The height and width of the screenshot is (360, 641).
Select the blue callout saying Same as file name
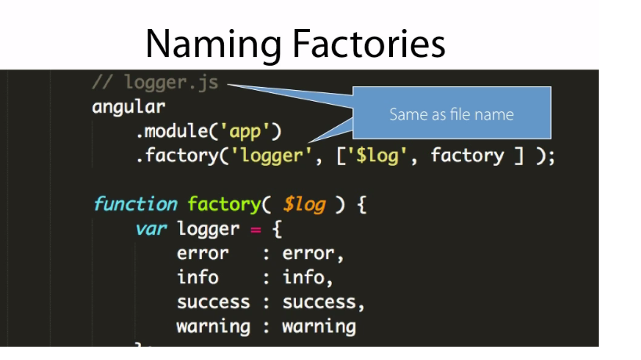point(452,114)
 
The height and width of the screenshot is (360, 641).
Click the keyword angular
point(128,106)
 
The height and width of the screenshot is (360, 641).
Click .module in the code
point(175,131)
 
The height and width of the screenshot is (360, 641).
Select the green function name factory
point(223,204)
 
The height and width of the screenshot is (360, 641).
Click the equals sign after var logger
point(254,229)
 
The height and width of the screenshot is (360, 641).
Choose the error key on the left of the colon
point(203,254)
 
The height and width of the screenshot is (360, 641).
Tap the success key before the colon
point(213,302)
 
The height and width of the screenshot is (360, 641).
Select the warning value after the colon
point(319,326)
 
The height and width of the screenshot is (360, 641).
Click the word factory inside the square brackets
point(467,156)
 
